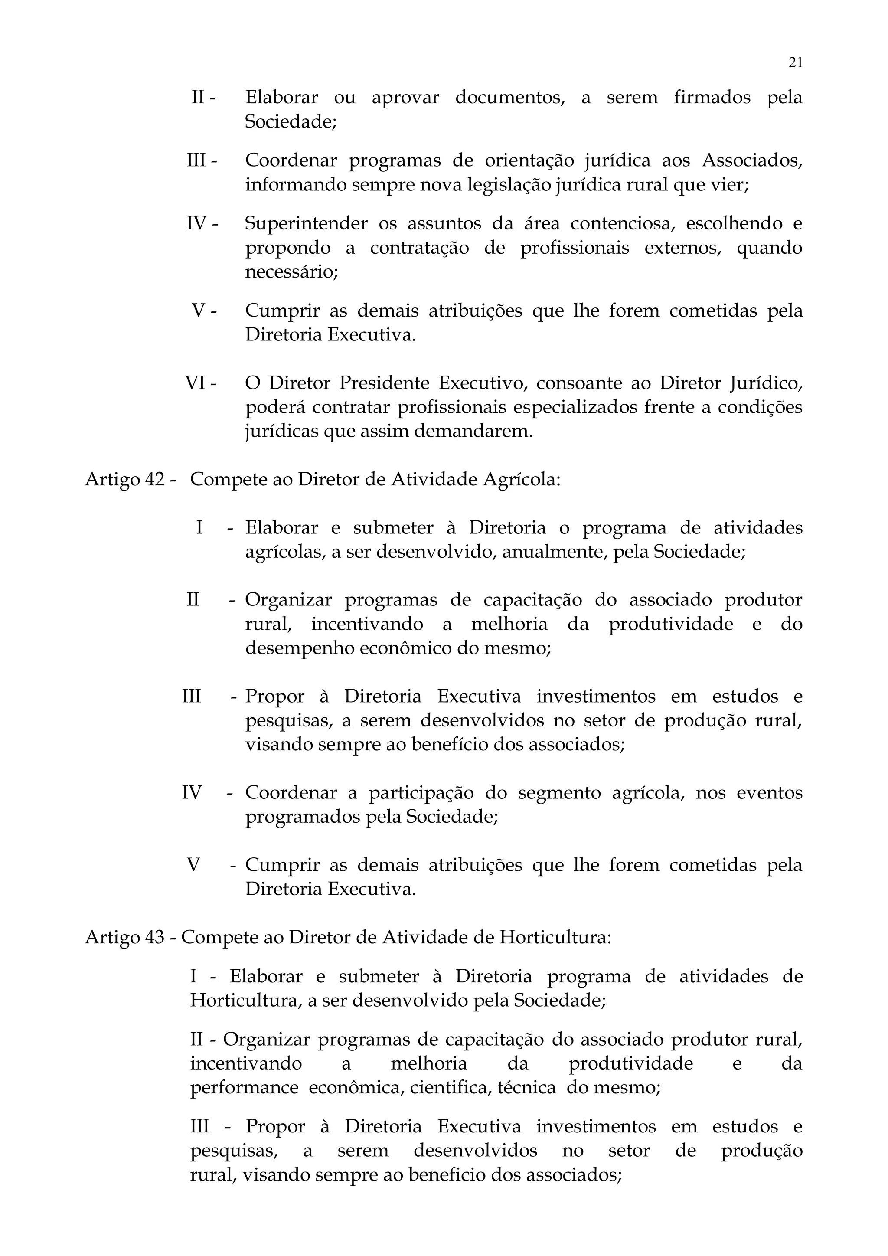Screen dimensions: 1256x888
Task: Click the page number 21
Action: (796, 62)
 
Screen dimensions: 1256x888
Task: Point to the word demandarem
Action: (473, 432)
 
